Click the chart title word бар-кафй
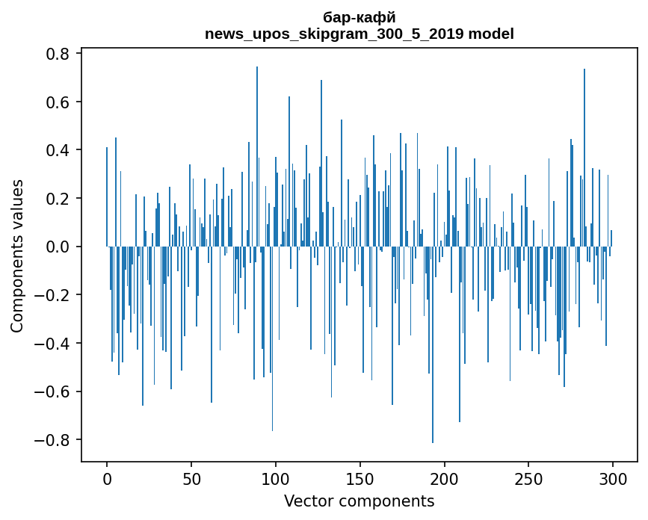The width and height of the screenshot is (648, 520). (x=359, y=17)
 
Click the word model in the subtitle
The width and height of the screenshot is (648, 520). (x=490, y=34)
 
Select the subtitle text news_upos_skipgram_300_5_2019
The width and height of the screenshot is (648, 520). (x=334, y=34)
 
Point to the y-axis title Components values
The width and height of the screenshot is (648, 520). (x=17, y=256)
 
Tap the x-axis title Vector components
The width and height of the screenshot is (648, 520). (x=359, y=501)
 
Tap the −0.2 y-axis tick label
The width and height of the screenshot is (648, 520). (x=52, y=295)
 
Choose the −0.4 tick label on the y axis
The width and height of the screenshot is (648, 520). (x=52, y=343)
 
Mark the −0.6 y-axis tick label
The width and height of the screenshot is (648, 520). (x=52, y=391)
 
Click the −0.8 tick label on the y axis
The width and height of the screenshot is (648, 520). (x=52, y=439)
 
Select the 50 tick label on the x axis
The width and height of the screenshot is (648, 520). (x=191, y=478)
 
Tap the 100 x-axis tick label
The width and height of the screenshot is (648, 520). (x=276, y=478)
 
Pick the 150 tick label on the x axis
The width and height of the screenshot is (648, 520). (x=360, y=478)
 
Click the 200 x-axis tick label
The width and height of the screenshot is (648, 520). (x=445, y=478)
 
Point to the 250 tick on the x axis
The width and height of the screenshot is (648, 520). (x=528, y=478)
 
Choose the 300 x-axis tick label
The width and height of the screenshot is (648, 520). (x=613, y=478)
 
